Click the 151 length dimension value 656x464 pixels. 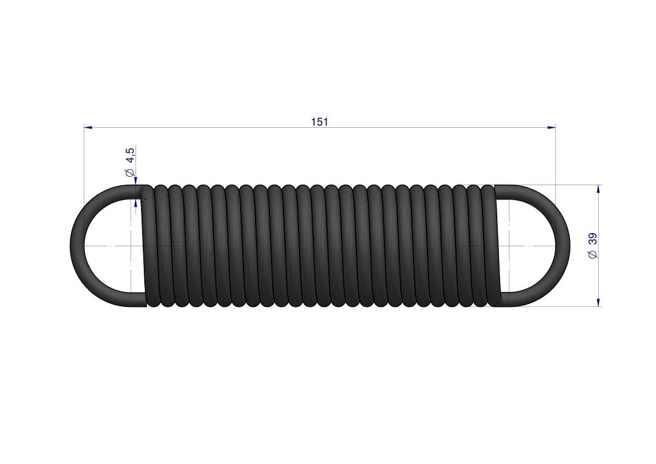[x=319, y=122]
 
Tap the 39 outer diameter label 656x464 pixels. [x=593, y=239]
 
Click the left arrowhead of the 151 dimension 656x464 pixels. [x=88, y=127]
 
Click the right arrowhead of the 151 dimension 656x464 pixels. [x=551, y=127]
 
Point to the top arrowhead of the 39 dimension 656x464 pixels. [x=598, y=189]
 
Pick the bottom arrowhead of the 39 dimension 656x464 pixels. [x=598, y=302]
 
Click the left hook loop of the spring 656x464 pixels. [x=78, y=246]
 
